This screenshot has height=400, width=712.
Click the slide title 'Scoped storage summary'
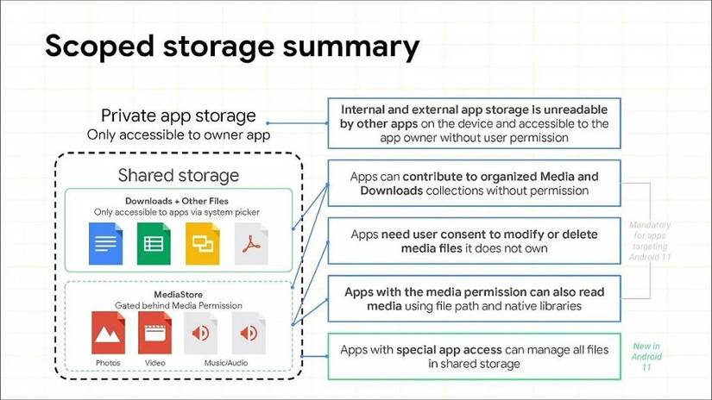[232, 47]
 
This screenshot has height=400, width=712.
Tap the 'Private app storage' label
[179, 116]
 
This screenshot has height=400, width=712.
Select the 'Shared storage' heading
[179, 175]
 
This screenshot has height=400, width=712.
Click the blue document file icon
[106, 244]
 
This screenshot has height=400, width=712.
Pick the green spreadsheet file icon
[154, 244]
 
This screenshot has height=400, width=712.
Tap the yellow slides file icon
[203, 244]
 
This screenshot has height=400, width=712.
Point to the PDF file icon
[251, 244]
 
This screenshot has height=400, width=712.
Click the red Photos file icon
[108, 333]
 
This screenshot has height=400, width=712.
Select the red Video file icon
[154, 333]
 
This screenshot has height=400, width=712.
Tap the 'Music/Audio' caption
[226, 363]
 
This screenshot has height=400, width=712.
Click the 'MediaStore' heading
[179, 294]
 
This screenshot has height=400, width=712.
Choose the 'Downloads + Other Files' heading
[177, 201]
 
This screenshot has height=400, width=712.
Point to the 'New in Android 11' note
[646, 356]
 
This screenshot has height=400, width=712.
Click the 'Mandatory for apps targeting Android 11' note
[650, 241]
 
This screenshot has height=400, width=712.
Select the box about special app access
[474, 356]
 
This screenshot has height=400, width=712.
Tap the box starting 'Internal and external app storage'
[474, 123]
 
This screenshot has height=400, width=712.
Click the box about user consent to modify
[474, 241]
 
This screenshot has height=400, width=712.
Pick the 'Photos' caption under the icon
[108, 363]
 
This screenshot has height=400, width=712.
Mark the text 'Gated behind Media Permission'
[179, 305]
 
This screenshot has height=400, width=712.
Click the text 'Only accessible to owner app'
[179, 134]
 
